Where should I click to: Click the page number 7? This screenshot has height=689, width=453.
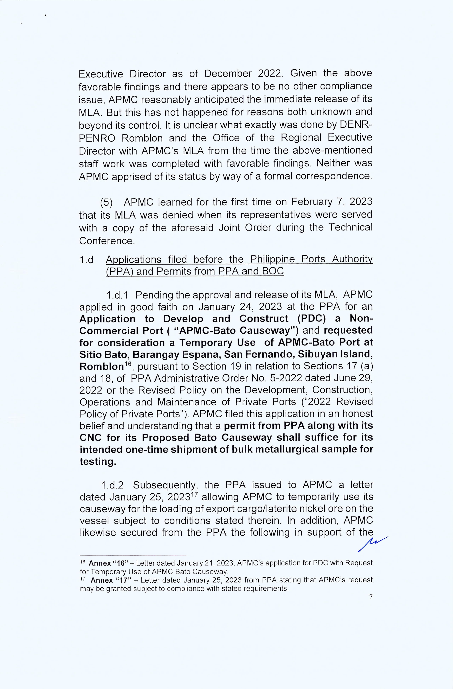click(x=371, y=596)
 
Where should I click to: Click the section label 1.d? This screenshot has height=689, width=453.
click(x=86, y=260)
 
